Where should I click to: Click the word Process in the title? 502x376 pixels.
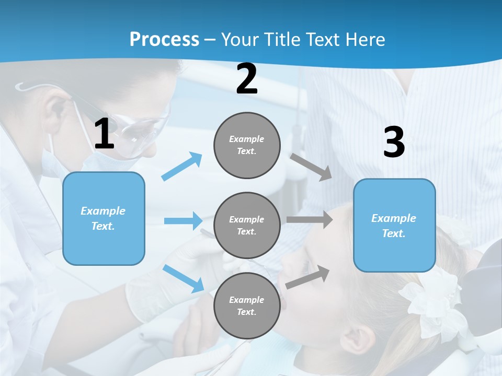[164, 40]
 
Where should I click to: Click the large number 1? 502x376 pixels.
[104, 134]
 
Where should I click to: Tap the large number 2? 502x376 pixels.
[246, 79]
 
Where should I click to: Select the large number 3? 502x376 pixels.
[394, 143]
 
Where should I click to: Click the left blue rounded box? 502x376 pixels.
[104, 218]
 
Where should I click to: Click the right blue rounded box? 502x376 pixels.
[394, 225]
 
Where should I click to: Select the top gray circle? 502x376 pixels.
[247, 145]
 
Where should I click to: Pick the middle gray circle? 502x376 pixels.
[247, 225]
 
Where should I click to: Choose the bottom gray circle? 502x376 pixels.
[247, 305]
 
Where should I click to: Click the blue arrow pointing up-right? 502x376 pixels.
[182, 166]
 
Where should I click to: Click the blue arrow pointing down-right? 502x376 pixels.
[184, 278]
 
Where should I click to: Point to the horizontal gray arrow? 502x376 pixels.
[309, 219]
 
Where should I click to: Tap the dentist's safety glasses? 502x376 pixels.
[141, 131]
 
